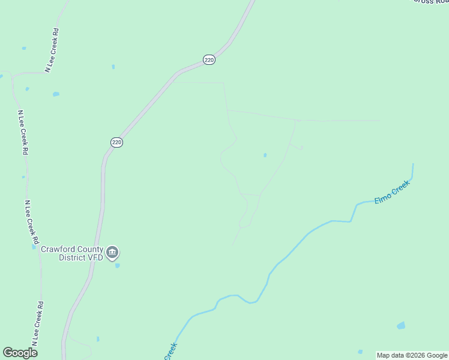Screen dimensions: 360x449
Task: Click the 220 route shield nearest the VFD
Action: click(x=116, y=142)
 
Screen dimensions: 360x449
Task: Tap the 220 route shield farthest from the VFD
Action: click(x=209, y=60)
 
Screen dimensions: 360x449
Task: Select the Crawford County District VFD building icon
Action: click(x=112, y=253)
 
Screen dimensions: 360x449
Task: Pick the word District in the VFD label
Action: click(x=72, y=258)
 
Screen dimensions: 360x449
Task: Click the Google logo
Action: click(x=20, y=353)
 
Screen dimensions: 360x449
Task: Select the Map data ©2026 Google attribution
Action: click(x=412, y=355)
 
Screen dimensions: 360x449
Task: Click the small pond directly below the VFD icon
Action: click(x=117, y=265)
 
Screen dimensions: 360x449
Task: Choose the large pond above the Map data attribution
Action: click(x=400, y=326)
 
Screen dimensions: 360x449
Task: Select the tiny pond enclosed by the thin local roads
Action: click(x=265, y=155)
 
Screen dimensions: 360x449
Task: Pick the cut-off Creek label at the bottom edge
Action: click(x=170, y=350)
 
